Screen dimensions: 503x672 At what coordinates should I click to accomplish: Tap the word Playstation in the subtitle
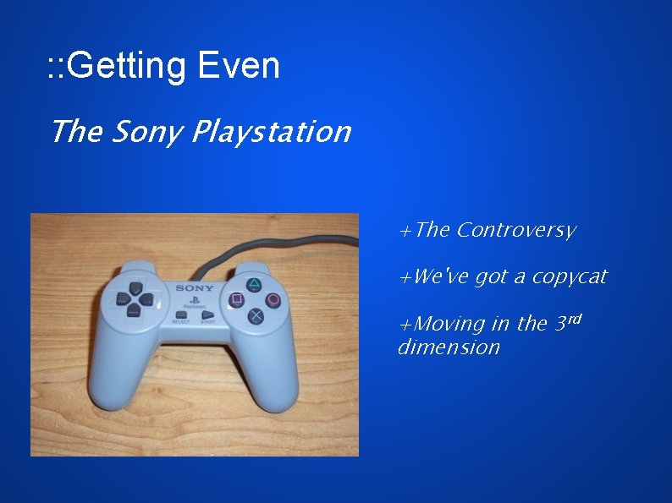click(x=271, y=133)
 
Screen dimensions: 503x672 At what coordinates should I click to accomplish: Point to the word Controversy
click(x=515, y=230)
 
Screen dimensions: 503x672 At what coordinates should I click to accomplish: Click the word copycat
click(x=569, y=277)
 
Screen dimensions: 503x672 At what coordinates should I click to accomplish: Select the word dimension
click(x=449, y=347)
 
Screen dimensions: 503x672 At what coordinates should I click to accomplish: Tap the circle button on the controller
click(x=273, y=299)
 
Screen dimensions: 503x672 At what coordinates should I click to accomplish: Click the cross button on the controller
click(x=255, y=316)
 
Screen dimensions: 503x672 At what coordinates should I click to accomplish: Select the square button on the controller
click(x=237, y=299)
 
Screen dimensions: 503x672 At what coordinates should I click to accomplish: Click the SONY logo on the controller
click(x=194, y=288)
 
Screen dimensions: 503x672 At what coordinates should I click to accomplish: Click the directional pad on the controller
click(x=133, y=298)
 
